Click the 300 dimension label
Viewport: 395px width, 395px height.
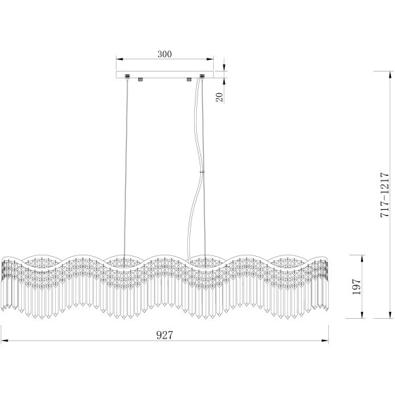pos(165,54)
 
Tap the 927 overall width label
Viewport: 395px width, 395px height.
pos(165,335)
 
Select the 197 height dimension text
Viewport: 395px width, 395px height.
pos(357,287)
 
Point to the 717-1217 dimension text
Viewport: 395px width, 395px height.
pos(385,195)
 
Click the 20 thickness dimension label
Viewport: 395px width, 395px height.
pos(219,97)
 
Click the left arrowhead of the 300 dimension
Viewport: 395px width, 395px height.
pos(119,59)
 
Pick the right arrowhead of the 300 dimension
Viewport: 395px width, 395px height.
pos(210,59)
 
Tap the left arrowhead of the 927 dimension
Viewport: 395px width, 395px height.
pos(5,341)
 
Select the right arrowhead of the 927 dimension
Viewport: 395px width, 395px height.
pos(326,341)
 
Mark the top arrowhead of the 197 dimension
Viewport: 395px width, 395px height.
pos(362,258)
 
